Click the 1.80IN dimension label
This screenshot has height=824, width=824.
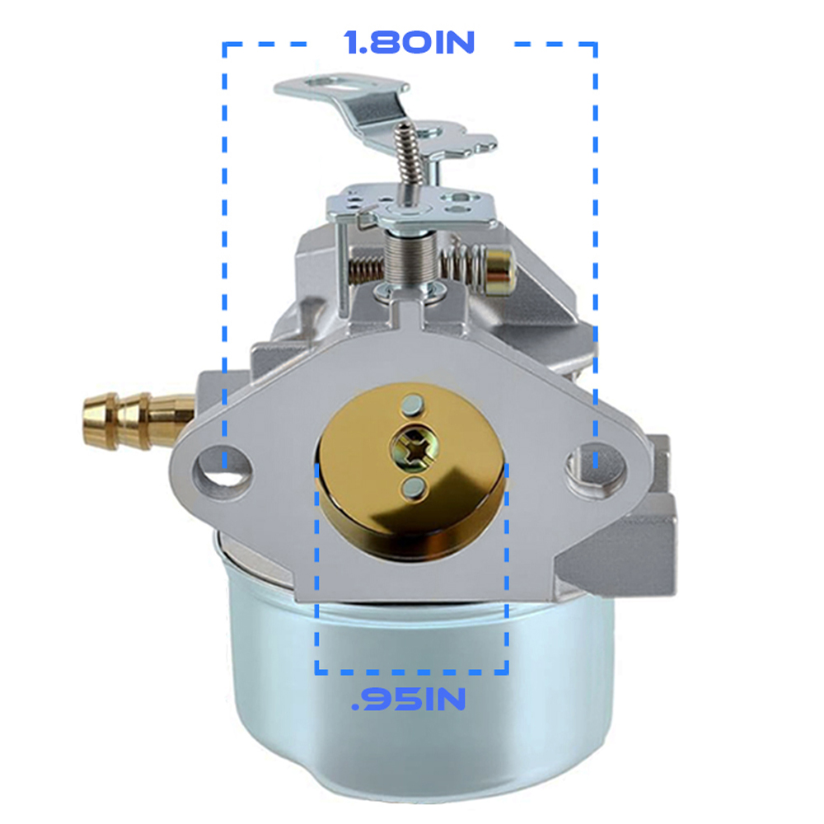(410, 42)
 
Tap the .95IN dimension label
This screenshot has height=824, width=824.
(409, 699)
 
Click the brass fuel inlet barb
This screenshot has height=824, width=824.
(138, 420)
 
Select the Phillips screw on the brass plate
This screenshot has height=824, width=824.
(414, 448)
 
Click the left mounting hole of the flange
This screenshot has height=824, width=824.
(222, 466)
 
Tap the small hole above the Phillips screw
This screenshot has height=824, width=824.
(412, 404)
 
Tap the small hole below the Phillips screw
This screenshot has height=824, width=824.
(414, 487)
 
